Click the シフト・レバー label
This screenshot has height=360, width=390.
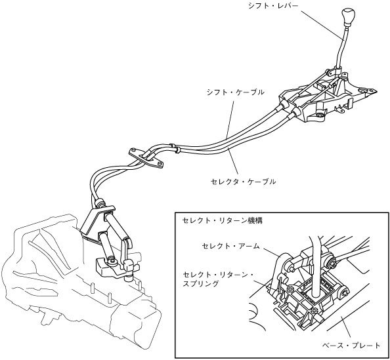point(273,6)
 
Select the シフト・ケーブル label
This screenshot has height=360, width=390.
point(235,92)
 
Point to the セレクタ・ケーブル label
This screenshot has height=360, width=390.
point(243,182)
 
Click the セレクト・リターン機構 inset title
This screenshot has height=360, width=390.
point(222,220)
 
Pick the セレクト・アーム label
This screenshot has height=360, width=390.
point(230,246)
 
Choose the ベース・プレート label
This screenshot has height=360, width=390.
point(351,346)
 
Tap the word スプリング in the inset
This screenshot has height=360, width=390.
point(201,284)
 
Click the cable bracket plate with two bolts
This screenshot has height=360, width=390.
point(146,158)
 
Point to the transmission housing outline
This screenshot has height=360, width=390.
point(75,281)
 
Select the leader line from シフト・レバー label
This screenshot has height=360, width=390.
point(322,24)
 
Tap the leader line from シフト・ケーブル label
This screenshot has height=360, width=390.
point(230,119)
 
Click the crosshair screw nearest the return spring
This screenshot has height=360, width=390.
point(290,289)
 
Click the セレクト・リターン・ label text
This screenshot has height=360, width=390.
point(218,275)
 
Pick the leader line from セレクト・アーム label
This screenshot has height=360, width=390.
point(272,252)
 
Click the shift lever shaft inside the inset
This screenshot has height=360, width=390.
point(315,266)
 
